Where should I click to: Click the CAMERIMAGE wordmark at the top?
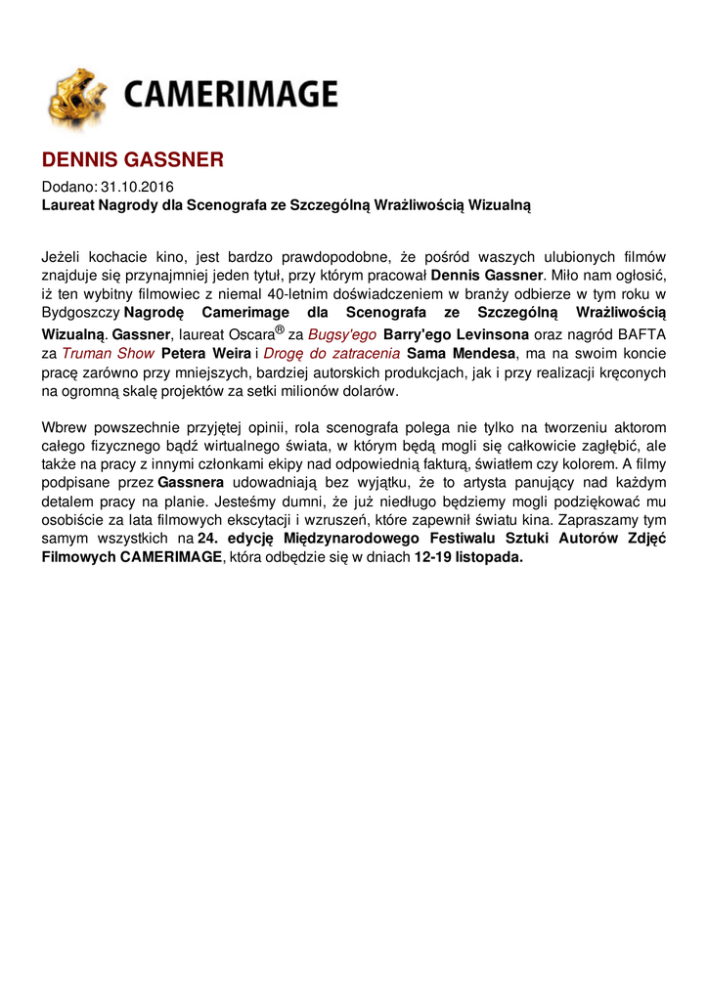click(x=230, y=96)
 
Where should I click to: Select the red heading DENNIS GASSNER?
click(x=132, y=159)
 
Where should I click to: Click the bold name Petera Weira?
click(x=205, y=353)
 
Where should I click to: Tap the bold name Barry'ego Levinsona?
click(x=449, y=334)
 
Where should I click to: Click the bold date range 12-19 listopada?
click(x=468, y=557)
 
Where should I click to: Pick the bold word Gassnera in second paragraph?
click(x=191, y=483)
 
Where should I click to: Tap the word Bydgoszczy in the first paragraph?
click(x=79, y=313)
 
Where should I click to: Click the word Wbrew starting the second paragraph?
click(x=63, y=427)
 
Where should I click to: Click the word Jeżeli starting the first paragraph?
click(x=64, y=257)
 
